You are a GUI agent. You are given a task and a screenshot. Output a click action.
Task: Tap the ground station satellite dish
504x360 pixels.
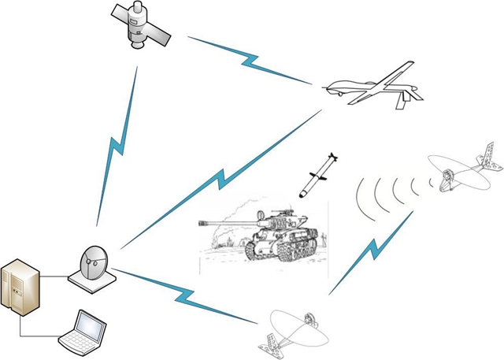[93, 264]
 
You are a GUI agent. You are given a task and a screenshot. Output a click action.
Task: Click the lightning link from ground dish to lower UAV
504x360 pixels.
[185, 295]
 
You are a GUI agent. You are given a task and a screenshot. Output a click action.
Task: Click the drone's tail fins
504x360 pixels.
[410, 95]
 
